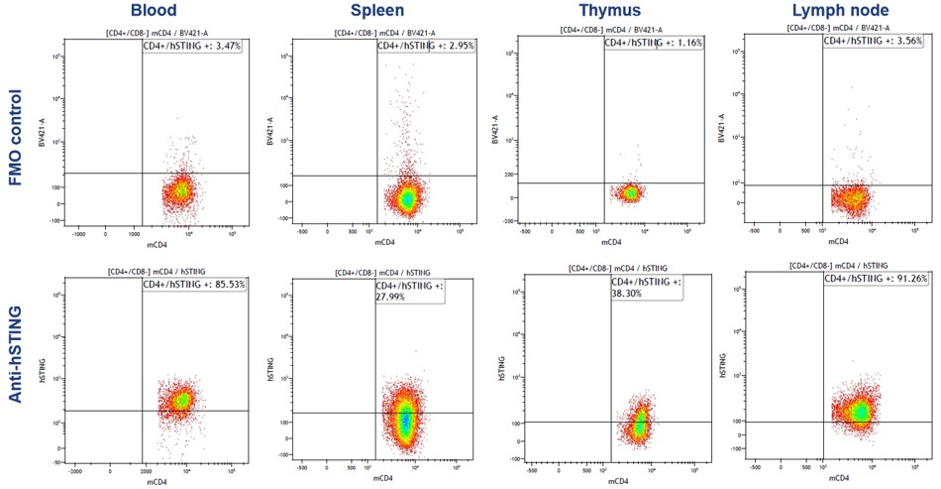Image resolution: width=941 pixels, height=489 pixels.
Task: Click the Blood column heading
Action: [154, 12]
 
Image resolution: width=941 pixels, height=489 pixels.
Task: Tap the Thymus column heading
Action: [607, 12]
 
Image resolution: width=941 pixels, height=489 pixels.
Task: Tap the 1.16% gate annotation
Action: [653, 44]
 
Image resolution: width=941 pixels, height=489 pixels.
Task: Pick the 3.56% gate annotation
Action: [875, 42]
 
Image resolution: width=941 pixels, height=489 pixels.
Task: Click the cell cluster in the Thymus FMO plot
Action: [629, 191]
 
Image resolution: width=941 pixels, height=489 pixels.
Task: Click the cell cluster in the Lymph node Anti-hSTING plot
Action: [857, 409]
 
